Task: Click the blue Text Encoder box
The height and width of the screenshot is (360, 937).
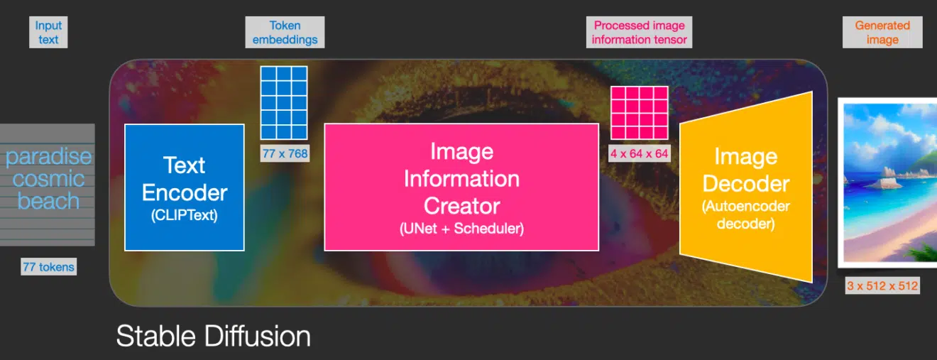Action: coord(185,187)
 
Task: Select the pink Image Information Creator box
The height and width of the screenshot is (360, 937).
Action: coord(461,187)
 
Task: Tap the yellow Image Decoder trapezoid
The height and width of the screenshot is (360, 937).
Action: coord(746,187)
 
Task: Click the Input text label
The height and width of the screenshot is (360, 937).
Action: coord(48,32)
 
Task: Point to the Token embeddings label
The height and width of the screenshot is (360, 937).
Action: coord(285,32)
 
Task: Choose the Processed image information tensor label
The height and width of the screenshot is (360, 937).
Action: coord(639,32)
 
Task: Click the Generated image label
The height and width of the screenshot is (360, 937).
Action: coord(882,32)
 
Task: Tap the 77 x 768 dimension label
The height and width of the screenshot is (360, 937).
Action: coord(285,153)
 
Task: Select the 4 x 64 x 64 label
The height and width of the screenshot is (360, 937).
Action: coord(639,153)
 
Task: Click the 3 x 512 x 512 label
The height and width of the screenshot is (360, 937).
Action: coord(882,285)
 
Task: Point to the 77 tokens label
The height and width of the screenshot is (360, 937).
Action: coord(48,267)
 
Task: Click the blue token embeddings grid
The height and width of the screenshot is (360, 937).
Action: coord(284,102)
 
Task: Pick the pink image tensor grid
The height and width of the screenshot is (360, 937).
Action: coord(640,113)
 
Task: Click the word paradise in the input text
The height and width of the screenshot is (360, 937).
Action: coord(48,157)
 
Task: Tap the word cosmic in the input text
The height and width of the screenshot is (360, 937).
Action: coord(48,179)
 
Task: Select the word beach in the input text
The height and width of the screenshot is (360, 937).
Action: coord(48,201)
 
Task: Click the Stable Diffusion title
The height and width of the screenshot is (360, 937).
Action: coord(214,336)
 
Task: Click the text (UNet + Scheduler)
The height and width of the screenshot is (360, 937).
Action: coord(461,229)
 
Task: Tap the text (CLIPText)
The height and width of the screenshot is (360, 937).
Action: coord(185,215)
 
